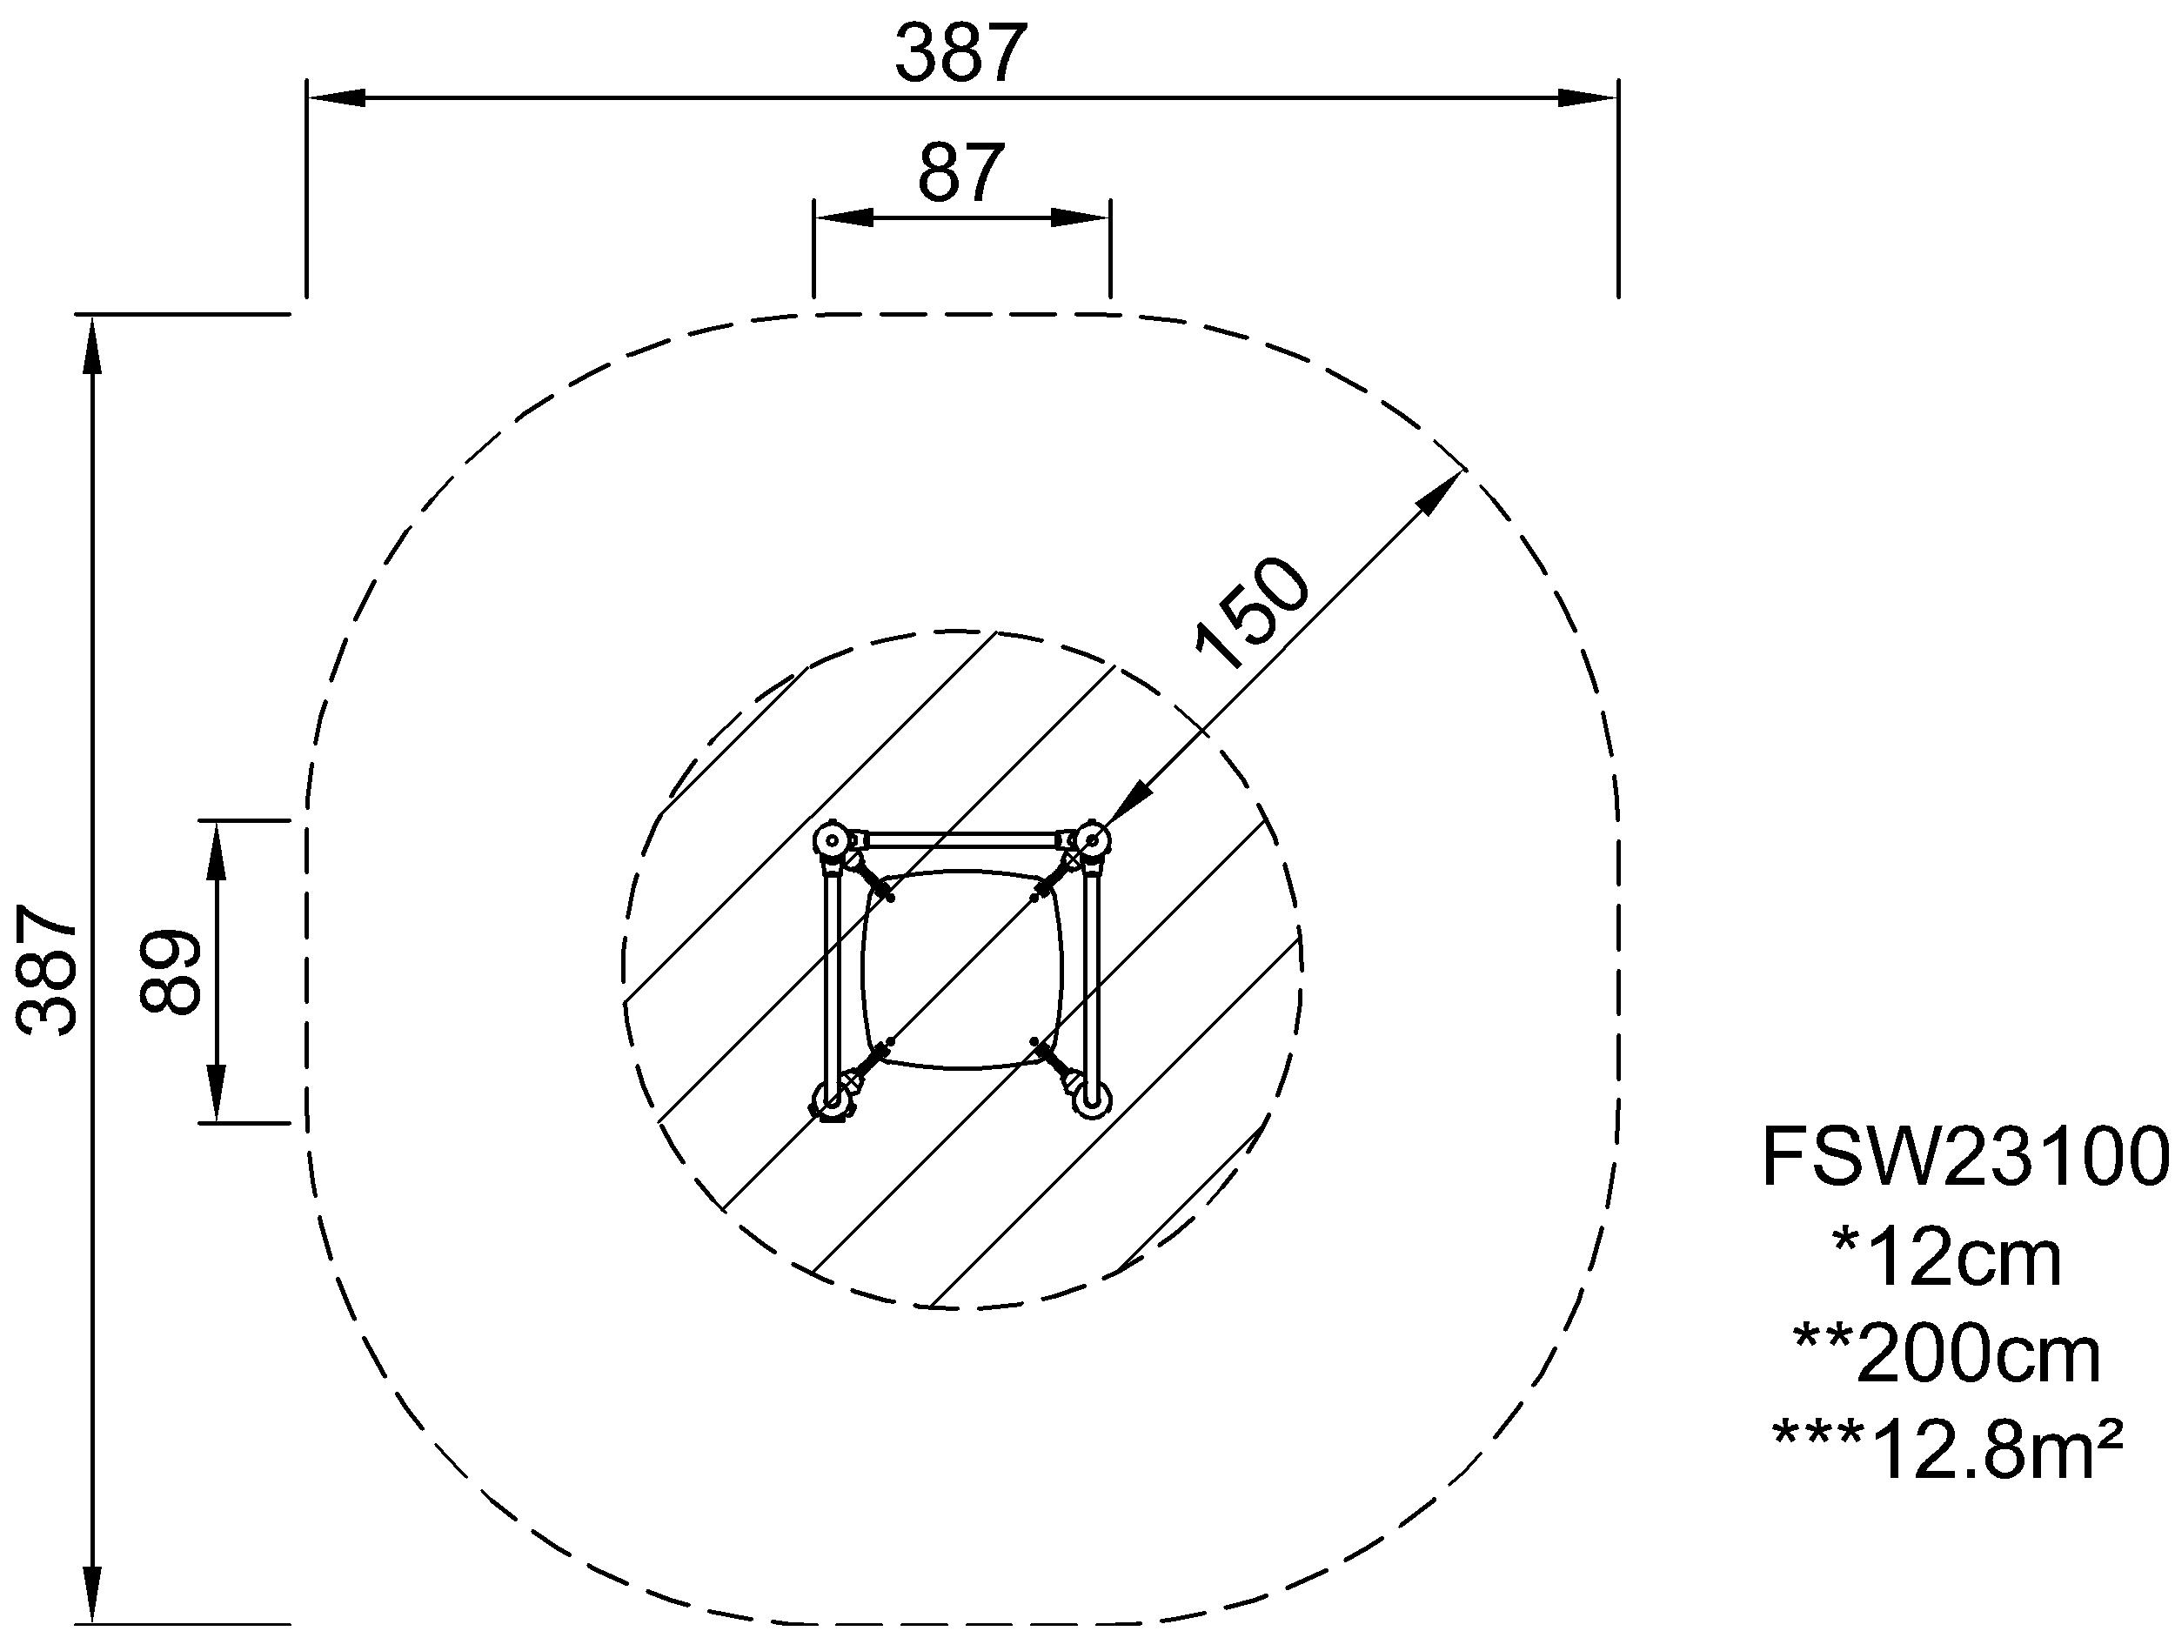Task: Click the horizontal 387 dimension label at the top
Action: point(960,54)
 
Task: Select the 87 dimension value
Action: point(960,173)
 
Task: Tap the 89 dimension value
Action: point(171,971)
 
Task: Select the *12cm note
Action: point(1947,1261)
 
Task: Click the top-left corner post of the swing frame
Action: point(832,840)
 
